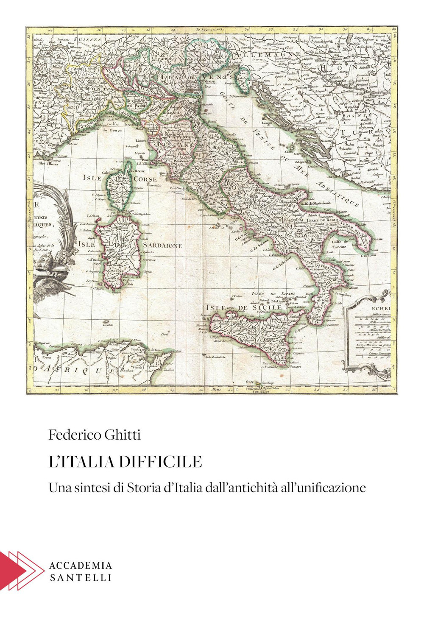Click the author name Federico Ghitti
click(x=95, y=435)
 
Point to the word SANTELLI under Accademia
click(x=81, y=577)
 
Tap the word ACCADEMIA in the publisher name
click(x=81, y=565)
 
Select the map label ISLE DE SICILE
click(x=243, y=307)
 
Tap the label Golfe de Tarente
click(x=336, y=244)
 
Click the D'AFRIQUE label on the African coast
click(x=75, y=370)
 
